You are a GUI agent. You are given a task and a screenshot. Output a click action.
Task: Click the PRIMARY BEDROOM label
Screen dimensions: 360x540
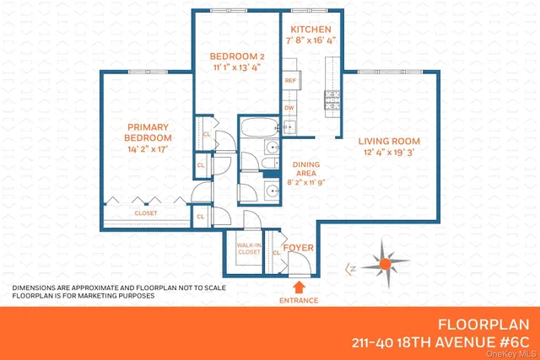(x=148, y=132)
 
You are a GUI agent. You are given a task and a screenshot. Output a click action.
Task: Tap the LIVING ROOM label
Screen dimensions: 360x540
(x=389, y=141)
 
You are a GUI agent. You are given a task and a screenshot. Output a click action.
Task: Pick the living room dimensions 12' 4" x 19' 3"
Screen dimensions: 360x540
(x=389, y=153)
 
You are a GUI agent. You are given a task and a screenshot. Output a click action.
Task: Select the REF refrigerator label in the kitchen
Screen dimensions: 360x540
(x=289, y=81)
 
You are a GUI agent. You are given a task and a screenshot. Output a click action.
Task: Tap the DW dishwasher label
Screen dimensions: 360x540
(x=289, y=108)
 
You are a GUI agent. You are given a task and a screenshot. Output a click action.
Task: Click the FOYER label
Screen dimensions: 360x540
(x=297, y=247)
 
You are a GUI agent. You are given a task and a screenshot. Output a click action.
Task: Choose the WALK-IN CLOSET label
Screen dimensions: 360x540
(x=248, y=248)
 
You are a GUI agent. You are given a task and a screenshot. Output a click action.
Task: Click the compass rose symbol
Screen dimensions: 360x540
(x=384, y=264)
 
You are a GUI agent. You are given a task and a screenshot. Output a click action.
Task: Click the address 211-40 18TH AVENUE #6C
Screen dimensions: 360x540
(x=440, y=343)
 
